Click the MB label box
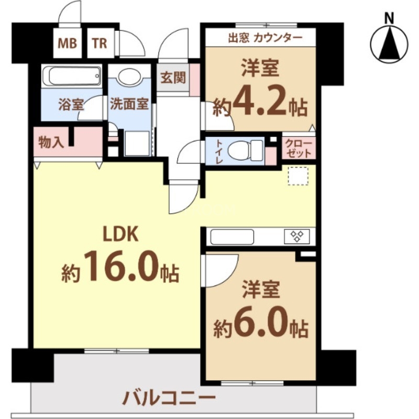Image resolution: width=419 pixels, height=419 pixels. (67, 43)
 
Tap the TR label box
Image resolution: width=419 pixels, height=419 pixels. (100, 43)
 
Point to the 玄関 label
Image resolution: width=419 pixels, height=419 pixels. (172, 78)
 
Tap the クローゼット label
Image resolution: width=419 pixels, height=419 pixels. (298, 149)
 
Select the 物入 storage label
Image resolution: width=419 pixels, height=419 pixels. (51, 142)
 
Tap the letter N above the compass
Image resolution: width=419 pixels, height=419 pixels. (390, 18)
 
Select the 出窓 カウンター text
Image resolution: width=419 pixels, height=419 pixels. (265, 38)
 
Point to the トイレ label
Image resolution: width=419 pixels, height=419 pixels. (219, 151)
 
